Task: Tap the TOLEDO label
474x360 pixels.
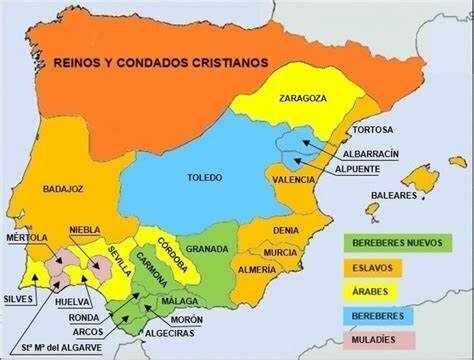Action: coord(206,178)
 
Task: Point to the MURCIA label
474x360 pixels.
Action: coord(281,253)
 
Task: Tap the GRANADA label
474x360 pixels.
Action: coord(206,249)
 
